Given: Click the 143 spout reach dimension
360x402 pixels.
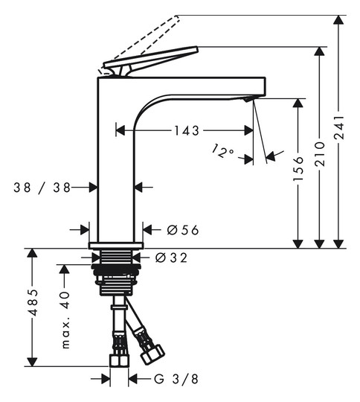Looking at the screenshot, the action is click(x=187, y=130).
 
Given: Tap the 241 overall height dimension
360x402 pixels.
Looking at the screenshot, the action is click(x=338, y=127).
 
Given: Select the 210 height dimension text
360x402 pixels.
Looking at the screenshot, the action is click(x=319, y=154).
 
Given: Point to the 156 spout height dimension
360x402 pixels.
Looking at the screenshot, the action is click(x=298, y=168).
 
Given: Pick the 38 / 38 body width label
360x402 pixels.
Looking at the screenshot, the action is click(x=42, y=188).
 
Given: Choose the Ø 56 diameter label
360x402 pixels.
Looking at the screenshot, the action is click(x=183, y=230).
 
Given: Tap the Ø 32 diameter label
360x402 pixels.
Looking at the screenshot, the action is click(x=171, y=258).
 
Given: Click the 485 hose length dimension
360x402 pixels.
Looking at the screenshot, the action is click(x=33, y=302).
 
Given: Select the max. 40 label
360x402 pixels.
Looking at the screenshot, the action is click(x=65, y=319).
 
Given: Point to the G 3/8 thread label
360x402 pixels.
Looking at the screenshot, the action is click(x=176, y=379).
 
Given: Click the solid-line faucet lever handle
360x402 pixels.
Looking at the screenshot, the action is click(x=151, y=61).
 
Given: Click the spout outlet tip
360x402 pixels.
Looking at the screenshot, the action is click(x=248, y=100).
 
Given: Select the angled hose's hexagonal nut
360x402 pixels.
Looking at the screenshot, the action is click(x=153, y=354).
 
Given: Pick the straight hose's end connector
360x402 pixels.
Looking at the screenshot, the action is click(x=119, y=361).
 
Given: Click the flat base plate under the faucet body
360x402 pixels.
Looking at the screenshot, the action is click(x=116, y=246).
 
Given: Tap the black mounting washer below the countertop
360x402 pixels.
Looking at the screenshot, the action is click(x=116, y=267).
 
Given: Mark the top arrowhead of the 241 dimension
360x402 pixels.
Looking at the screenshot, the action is click(x=338, y=20).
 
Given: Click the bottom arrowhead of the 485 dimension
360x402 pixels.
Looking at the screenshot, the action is click(x=33, y=362).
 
